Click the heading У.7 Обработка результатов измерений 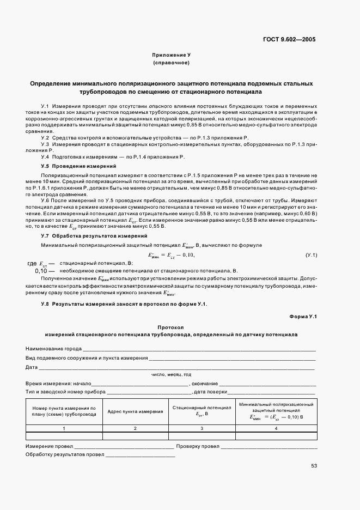coord(94,235)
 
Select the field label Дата coord(31,367)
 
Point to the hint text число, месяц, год coord(171,374)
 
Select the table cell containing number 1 coord(64,428)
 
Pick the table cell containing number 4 coord(276,428)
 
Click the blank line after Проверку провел coord(268,446)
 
